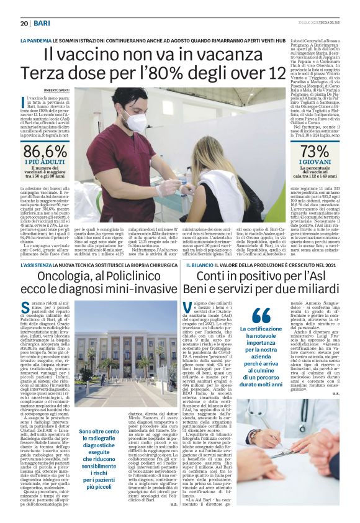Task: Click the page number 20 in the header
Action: click(x=25, y=23)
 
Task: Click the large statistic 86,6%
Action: click(x=45, y=152)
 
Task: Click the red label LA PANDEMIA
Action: click(x=36, y=40)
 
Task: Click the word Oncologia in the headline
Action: click(x=63, y=276)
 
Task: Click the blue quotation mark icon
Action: click(x=261, y=315)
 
